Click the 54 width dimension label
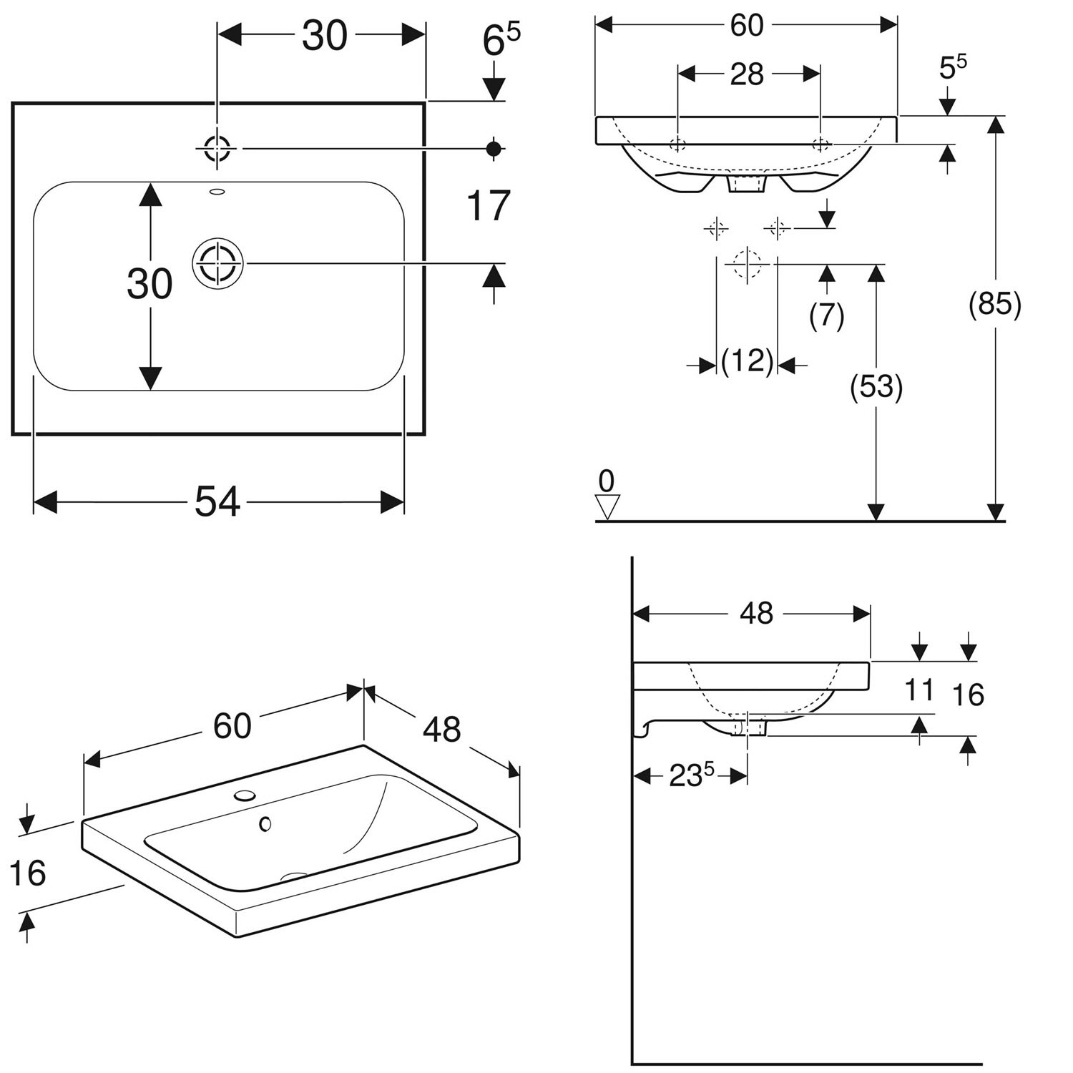coord(217,501)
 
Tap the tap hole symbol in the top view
coord(217,149)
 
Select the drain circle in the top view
coord(217,264)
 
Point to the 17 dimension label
coord(488,206)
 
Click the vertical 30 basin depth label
coord(150,284)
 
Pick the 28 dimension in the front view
coord(747,74)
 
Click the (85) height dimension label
coord(994,305)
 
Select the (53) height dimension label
coord(876,387)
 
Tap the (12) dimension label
coord(748,362)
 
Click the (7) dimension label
coord(827,315)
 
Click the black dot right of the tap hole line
coord(493,149)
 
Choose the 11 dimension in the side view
coord(919,690)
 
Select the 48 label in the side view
coord(756,613)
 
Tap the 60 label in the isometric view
coord(232,726)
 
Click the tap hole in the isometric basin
coord(245,795)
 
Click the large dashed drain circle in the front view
coord(747,264)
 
